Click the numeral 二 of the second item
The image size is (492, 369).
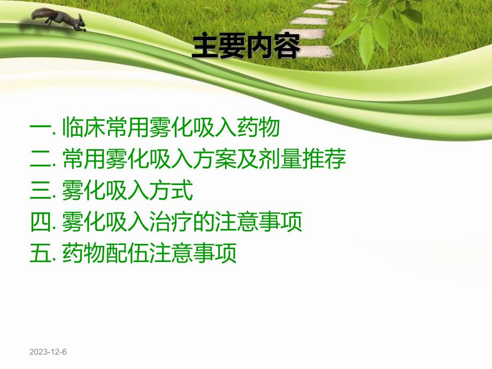40,159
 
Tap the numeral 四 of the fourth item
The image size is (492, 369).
40,222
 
